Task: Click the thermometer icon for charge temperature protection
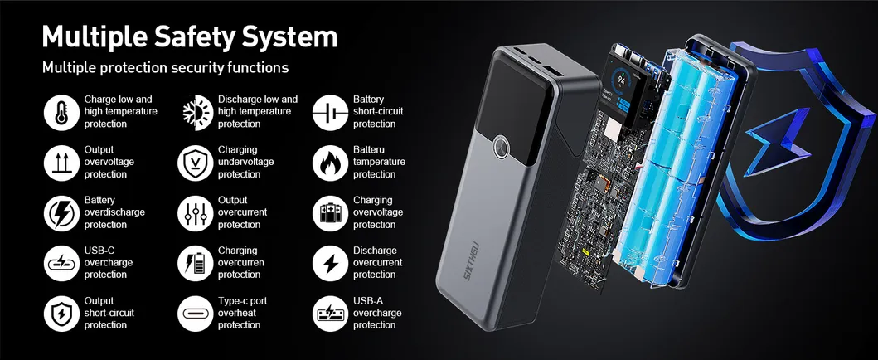(x=61, y=113)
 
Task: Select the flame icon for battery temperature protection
(x=330, y=163)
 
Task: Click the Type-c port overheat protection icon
(x=196, y=314)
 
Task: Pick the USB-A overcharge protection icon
(x=330, y=314)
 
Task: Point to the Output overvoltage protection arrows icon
(x=61, y=163)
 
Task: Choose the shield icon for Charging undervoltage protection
(x=196, y=163)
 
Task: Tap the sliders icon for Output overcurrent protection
(x=196, y=213)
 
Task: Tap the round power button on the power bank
(x=502, y=148)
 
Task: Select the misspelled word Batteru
(x=369, y=149)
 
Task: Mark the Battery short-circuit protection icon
(x=330, y=113)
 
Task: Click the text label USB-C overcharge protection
(x=109, y=263)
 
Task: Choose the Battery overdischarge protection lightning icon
(x=61, y=213)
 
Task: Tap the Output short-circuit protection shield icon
(x=61, y=314)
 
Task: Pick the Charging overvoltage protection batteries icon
(x=330, y=213)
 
